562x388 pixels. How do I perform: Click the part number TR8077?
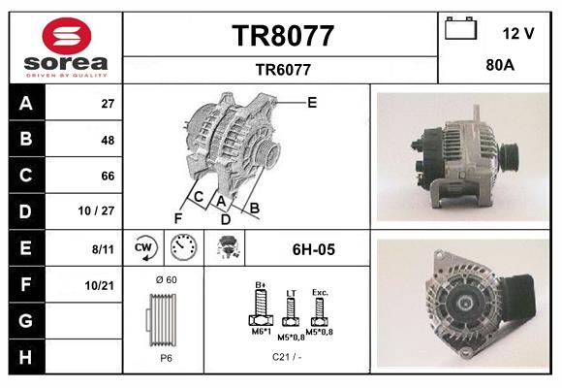282,36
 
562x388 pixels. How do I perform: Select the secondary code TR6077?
282,69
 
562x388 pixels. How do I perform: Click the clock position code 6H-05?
313,249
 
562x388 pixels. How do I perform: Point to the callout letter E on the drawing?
312,102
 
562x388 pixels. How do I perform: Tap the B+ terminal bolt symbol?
260,309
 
